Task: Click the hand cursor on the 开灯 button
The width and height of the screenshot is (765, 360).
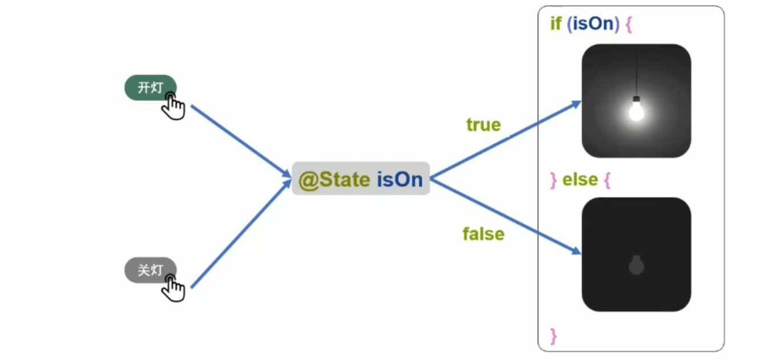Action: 173,107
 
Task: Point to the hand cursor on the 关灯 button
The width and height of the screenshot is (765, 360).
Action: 173,288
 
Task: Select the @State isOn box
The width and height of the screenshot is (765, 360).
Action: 361,179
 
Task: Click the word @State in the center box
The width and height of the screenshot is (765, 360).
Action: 334,180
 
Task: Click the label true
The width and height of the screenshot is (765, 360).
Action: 483,124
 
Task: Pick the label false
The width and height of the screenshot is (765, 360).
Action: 483,234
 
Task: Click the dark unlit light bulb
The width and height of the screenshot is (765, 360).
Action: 636,265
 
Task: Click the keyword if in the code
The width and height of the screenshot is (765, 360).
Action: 556,25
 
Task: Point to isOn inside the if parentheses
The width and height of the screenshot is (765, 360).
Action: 593,25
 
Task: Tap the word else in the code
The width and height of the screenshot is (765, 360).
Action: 580,180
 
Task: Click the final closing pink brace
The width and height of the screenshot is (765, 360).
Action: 553,335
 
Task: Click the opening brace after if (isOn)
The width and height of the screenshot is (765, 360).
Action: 629,26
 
